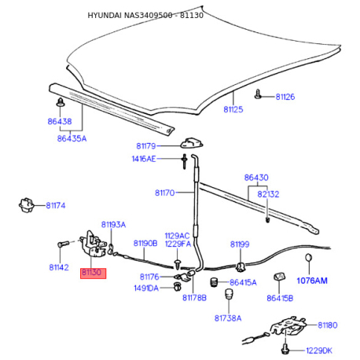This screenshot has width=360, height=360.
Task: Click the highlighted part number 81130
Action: pos(91,273)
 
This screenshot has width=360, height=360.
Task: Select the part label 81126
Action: pos(285,97)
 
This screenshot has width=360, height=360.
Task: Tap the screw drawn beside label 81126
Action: pos(258,94)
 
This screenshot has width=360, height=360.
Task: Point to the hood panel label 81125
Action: pos(233,109)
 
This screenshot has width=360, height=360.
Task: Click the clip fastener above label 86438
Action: pos(61,102)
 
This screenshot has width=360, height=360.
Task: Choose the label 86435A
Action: pos(72,138)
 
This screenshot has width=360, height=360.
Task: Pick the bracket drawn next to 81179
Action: pos(192,142)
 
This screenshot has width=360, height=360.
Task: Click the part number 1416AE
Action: pos(144,159)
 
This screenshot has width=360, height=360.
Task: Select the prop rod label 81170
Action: pos(164,193)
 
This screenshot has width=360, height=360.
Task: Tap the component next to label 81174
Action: pos(26,204)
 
